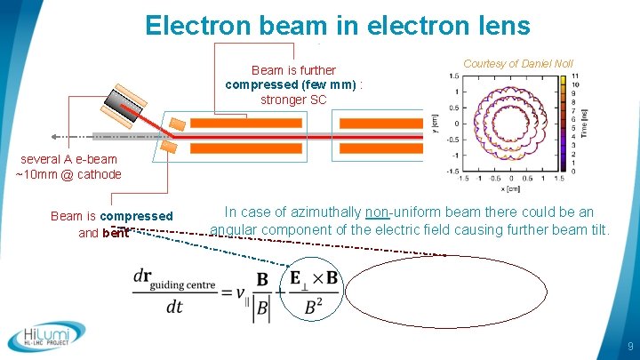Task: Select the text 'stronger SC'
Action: [293, 100]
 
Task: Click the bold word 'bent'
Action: [116, 233]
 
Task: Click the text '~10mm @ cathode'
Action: [68, 174]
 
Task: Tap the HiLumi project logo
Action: [47, 337]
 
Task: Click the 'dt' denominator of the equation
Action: [174, 308]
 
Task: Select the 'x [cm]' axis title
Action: [508, 188]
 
